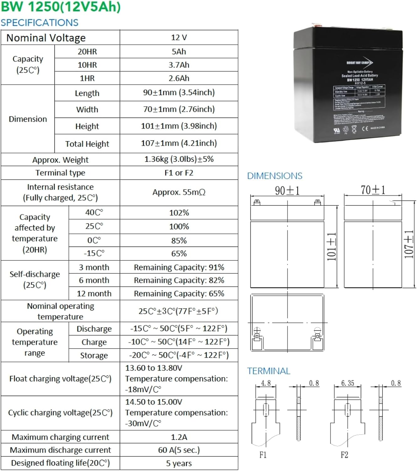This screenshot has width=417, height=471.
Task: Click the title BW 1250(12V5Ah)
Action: pos(61,7)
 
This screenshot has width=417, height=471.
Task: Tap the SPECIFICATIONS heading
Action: pos(40,23)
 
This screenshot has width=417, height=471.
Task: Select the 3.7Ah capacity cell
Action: pos(179,65)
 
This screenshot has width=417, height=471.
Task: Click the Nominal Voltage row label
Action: pos(46,38)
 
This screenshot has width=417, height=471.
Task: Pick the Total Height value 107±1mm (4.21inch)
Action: pos(179,143)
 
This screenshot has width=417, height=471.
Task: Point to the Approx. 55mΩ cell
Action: pos(179,192)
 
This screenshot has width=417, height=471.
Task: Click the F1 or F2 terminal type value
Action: pos(179,173)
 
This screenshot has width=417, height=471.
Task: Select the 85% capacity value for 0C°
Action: pos(179,241)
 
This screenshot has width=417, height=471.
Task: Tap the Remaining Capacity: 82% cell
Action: pos(179,280)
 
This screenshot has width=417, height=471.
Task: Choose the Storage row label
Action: pos(94,355)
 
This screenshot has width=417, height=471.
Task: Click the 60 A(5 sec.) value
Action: pos(179,450)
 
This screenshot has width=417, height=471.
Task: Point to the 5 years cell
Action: pos(179,463)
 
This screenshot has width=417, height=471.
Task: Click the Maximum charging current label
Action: pos(60,437)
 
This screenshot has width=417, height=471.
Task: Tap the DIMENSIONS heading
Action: pos(275,176)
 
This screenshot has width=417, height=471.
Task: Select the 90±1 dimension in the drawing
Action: pos(287,191)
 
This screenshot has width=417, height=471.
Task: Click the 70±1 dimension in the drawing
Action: pos(373,190)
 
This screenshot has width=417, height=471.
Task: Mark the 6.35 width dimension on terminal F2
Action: pos(347,383)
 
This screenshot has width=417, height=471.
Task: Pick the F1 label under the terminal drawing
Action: pos(263,455)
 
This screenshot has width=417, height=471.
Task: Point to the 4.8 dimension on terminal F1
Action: pos(266,383)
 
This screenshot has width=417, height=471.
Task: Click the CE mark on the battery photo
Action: pos(365,128)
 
